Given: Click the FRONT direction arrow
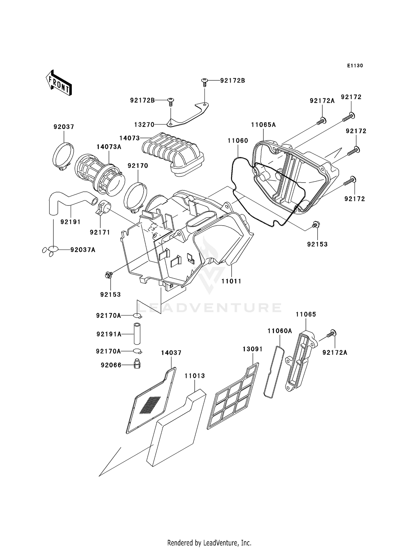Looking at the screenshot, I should click(59, 83).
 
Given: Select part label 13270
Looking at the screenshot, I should click(144, 125).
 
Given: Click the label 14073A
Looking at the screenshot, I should click(109, 147).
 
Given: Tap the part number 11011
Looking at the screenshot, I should click(231, 281).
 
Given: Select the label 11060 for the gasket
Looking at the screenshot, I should click(238, 141).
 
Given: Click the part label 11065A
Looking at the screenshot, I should click(263, 125).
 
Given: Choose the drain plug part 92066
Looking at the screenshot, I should click(137, 363).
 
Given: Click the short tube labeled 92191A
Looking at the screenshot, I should click(137, 334).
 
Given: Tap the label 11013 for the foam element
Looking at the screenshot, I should click(195, 376).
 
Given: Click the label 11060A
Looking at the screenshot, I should click(280, 331).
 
